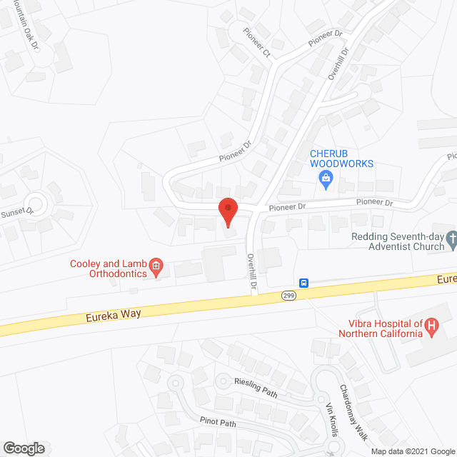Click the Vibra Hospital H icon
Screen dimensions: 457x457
(431, 328)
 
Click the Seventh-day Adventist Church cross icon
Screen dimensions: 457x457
(451, 240)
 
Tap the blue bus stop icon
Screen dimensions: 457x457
(304, 283)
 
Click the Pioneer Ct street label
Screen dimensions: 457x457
(257, 44)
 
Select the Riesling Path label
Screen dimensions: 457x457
(260, 386)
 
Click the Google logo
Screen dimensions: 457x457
(22, 448)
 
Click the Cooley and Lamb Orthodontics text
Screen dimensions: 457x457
(109, 268)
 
